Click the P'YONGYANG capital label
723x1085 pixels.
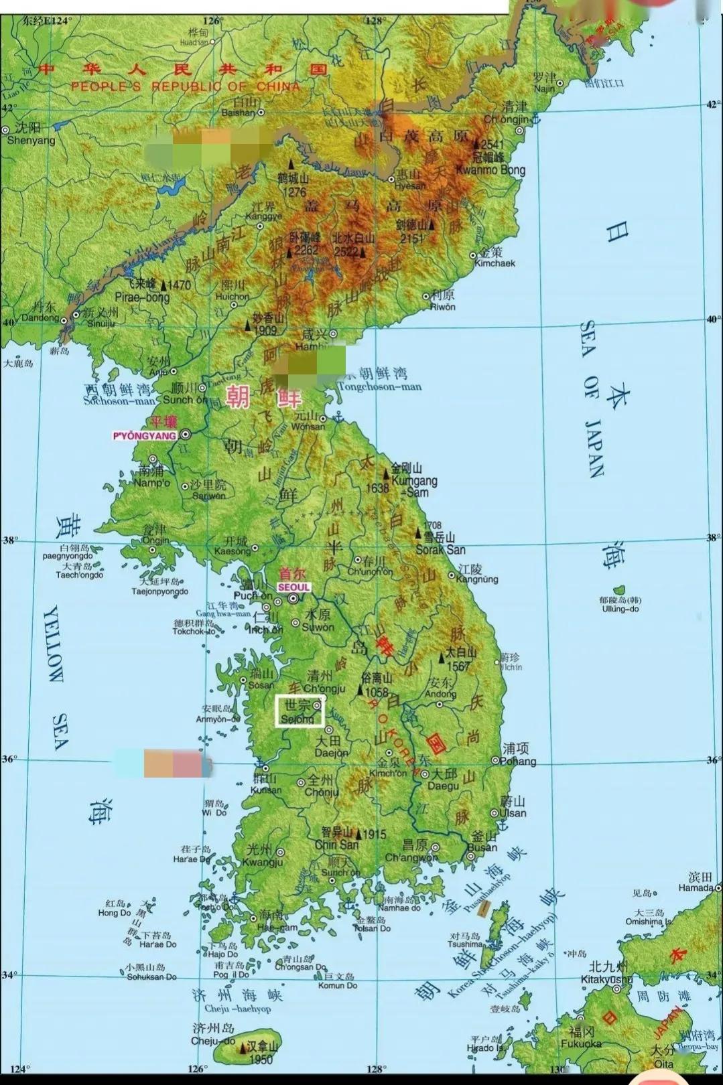144,436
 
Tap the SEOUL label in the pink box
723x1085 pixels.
293,587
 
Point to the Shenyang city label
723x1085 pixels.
31,140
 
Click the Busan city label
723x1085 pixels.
482,847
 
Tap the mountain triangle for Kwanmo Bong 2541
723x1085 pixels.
476,144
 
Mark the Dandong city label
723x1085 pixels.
40,318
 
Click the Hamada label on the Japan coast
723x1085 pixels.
696,887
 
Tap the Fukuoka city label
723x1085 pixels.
581,1043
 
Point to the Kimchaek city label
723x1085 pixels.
495,263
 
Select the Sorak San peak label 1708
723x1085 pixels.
440,549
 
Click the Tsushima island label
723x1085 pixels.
465,944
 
